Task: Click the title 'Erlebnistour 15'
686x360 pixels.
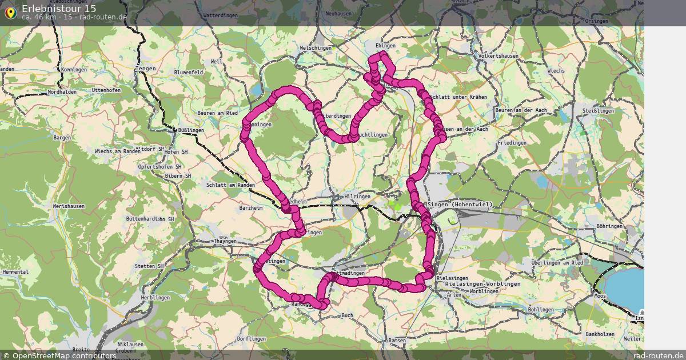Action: click(x=59, y=9)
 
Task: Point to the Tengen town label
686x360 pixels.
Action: click(x=146, y=69)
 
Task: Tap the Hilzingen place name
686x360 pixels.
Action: click(x=357, y=197)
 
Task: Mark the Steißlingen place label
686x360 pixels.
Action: click(x=598, y=110)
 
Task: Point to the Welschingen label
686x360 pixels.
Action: click(x=315, y=48)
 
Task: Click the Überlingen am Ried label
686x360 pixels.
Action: click(x=557, y=262)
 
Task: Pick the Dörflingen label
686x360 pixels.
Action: click(x=252, y=339)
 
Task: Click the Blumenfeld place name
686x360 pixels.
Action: click(x=188, y=73)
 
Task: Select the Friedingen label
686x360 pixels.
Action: click(x=512, y=142)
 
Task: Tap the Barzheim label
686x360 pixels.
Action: click(x=250, y=209)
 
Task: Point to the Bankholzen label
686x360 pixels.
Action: click(x=600, y=334)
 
